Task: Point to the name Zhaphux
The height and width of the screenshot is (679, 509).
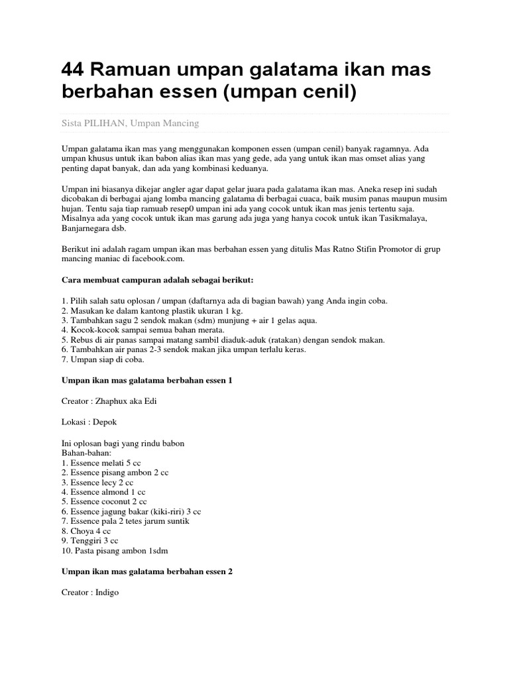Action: [117, 402]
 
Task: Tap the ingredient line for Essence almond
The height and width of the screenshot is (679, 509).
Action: [103, 492]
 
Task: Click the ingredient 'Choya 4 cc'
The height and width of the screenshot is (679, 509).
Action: [85, 531]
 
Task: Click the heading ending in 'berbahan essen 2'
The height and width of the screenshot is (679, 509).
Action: [146, 572]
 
